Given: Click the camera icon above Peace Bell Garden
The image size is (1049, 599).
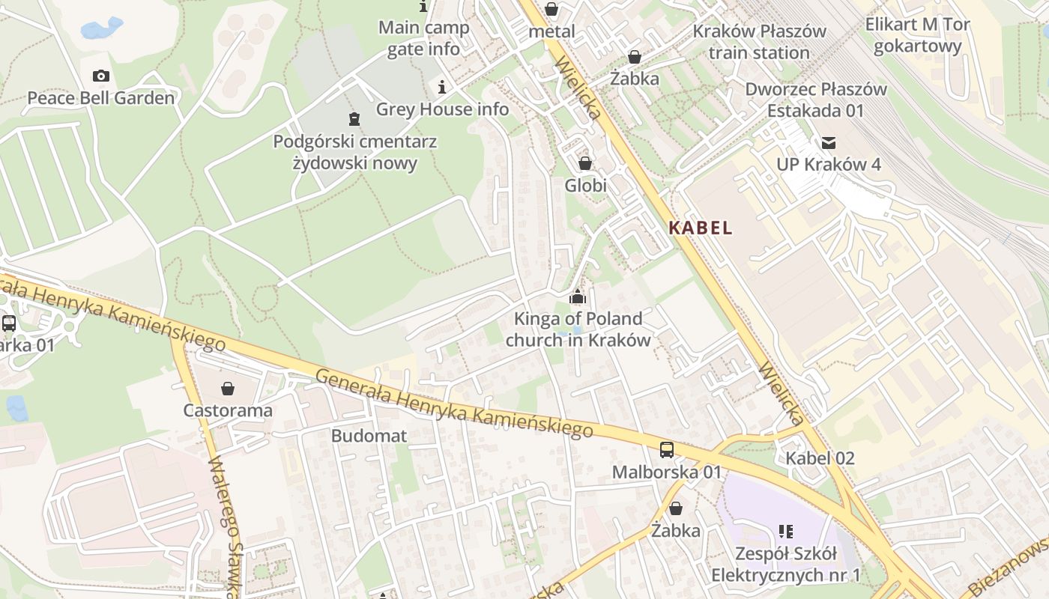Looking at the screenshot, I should click(101, 76).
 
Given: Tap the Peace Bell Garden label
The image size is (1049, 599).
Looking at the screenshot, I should click(101, 98).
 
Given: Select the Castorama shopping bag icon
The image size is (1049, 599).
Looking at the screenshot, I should click(228, 389).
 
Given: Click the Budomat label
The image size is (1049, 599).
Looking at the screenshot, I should click(369, 436).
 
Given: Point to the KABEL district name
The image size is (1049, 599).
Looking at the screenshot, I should click(701, 228).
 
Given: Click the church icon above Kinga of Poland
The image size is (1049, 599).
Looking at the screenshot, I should click(577, 297).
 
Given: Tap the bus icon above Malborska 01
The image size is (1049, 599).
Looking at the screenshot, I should click(666, 450).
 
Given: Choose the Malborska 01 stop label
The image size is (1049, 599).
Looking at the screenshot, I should click(666, 472).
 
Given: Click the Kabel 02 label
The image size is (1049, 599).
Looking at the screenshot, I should click(820, 458).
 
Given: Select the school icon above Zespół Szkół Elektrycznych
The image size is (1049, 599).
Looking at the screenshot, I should click(785, 532).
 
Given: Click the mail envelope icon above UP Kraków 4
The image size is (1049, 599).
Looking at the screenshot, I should click(829, 142).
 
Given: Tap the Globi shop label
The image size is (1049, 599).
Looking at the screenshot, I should click(585, 185).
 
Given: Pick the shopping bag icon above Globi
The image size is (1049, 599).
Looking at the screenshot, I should click(585, 162).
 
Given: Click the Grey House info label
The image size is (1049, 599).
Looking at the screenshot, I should click(442, 109).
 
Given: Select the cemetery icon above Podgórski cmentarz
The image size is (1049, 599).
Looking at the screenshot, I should click(354, 118).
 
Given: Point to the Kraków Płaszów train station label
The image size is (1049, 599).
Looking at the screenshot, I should click(759, 42).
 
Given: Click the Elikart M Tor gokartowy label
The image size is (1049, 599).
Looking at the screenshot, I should click(918, 35).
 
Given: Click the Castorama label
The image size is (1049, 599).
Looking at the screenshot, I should click(228, 411).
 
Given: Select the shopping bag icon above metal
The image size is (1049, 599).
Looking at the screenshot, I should click(551, 9).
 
